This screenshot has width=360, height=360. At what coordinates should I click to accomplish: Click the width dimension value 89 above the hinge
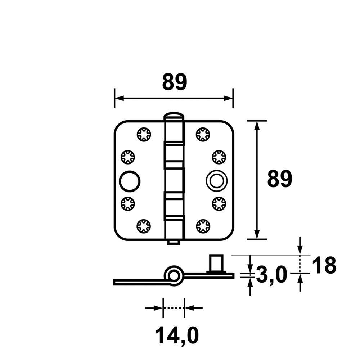pos(175,82)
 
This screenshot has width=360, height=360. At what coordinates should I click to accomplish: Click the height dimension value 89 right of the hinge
pos(280,179)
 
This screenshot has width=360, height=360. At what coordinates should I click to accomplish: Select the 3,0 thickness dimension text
pos(271,275)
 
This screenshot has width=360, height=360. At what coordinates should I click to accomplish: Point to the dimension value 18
pos(324,265)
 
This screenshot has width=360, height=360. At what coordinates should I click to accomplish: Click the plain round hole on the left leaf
pos(130,181)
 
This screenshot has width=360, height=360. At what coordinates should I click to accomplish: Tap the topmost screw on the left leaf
pos(144,134)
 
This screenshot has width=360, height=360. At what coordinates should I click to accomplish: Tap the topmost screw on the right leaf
pos(203,134)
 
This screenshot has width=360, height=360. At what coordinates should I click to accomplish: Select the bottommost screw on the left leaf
pos(144,226)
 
